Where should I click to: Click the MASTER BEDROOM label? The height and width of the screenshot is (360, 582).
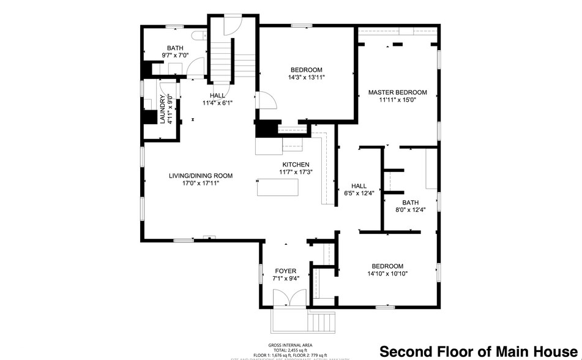[x=397, y=92]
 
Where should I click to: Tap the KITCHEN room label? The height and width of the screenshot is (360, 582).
[x=296, y=165]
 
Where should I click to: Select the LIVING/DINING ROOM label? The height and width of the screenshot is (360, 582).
[x=201, y=176]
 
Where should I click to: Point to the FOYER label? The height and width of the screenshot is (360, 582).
[x=285, y=271]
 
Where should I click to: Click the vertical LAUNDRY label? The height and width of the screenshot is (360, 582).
[x=163, y=110]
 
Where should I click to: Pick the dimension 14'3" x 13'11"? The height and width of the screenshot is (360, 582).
[x=306, y=78]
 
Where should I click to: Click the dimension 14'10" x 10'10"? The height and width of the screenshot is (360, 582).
[x=387, y=274]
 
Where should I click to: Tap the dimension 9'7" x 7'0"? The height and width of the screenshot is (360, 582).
[x=175, y=55]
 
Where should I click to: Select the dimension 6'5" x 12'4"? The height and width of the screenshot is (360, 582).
[x=359, y=193]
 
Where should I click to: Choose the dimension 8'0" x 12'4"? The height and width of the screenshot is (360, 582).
[x=410, y=210]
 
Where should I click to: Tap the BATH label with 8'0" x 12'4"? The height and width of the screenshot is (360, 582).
[x=410, y=203]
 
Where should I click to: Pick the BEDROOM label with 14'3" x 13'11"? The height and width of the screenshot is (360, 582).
[x=306, y=70]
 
